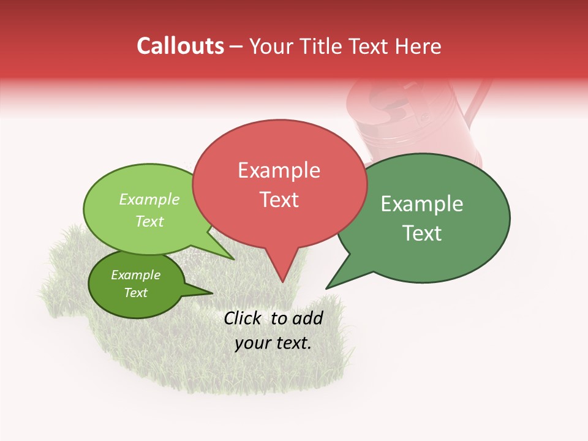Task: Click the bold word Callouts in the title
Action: pyautogui.click(x=180, y=46)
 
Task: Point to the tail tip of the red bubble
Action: pyautogui.click(x=282, y=281)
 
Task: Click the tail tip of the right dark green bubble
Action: pyautogui.click(x=327, y=288)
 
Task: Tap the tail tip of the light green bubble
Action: pyautogui.click(x=233, y=259)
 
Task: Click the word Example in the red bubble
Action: pyautogui.click(x=279, y=170)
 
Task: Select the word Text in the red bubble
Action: pyautogui.click(x=279, y=200)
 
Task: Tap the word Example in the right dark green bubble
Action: pyautogui.click(x=422, y=204)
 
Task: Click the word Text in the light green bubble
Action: pyautogui.click(x=149, y=221)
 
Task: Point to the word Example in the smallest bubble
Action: pyautogui.click(x=135, y=275)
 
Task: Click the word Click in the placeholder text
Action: pyautogui.click(x=241, y=318)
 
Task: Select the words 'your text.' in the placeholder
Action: pyautogui.click(x=273, y=342)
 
